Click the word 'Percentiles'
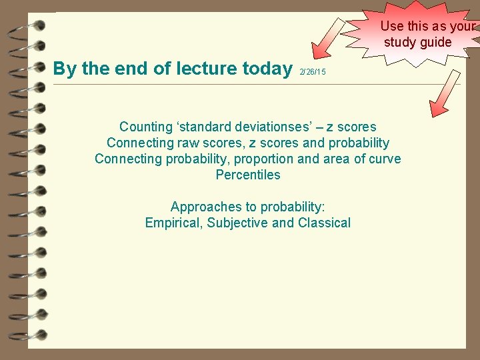(248, 175)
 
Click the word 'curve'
(385, 159)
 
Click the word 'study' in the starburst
(401, 43)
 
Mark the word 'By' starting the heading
(65, 68)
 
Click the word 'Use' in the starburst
(392, 27)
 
